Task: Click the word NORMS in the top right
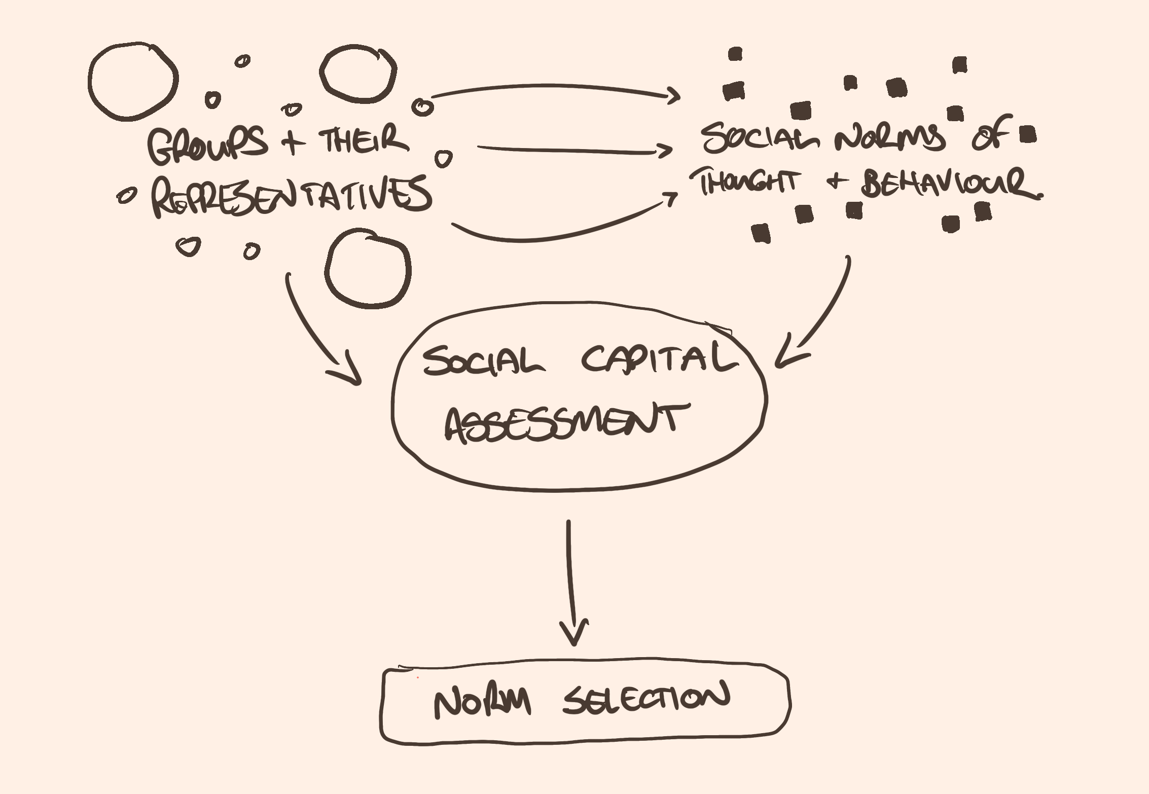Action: tap(890, 138)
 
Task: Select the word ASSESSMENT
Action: tap(565, 423)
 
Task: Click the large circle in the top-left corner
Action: tap(133, 82)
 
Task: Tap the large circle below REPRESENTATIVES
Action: tap(368, 269)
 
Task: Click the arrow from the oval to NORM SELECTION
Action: tap(571, 583)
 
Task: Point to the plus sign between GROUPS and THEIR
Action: tap(293, 141)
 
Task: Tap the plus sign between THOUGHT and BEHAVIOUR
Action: tap(837, 181)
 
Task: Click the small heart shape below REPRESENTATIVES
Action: tap(189, 246)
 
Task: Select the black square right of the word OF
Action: tap(1027, 135)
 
